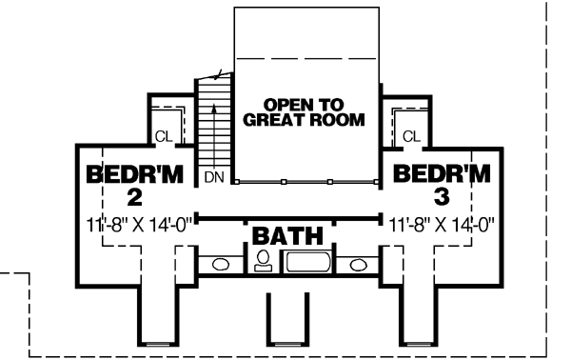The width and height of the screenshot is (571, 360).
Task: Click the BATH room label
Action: (286, 234)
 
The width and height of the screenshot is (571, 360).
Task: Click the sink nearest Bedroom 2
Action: (220, 265)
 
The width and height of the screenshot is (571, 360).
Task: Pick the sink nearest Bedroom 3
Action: (359, 265)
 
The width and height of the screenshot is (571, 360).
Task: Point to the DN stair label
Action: (212, 177)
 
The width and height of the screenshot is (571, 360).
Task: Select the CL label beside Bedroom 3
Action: (411, 137)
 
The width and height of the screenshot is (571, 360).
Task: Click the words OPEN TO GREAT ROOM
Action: (304, 111)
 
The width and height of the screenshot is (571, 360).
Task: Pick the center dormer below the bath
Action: (287, 319)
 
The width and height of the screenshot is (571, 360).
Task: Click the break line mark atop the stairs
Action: (221, 73)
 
